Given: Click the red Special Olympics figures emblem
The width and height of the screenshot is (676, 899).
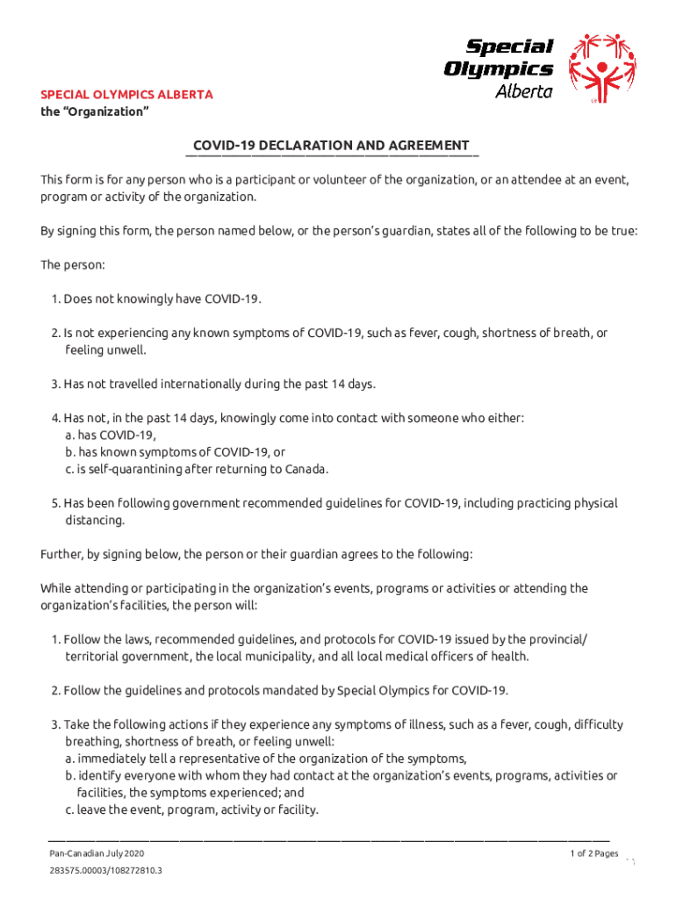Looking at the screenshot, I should coord(600,68).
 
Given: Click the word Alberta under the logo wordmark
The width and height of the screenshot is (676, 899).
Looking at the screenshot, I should coord(524,91).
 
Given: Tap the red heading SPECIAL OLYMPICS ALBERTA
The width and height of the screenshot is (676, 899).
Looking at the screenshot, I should coord(126,95).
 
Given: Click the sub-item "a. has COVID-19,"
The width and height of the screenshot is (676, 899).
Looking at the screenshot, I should coord(111,435).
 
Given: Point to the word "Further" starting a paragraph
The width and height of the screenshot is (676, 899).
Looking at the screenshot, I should coord(61,554).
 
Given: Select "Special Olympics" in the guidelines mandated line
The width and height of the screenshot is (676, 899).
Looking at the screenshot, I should coord(382,691).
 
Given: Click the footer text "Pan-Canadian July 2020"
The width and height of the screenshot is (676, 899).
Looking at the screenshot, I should coord(97,854).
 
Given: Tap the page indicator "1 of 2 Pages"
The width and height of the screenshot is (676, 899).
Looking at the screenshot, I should coord(594,853).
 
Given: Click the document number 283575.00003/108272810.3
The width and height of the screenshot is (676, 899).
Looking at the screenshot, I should coord(105,872).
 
